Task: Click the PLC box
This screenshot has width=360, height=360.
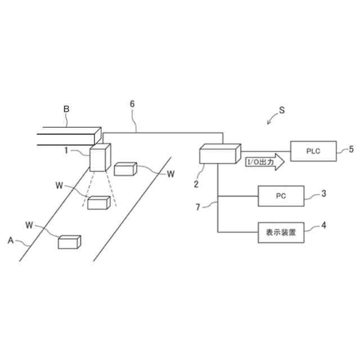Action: [313, 151]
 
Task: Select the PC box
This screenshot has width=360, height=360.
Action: [281, 196]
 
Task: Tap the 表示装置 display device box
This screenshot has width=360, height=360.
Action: [281, 231]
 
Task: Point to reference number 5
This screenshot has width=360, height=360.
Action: [351, 149]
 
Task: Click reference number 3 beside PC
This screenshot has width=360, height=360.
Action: [323, 194]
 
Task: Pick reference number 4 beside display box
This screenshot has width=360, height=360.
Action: [323, 227]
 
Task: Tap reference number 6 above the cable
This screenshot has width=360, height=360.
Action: [132, 104]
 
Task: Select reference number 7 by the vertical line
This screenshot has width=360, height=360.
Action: [197, 208]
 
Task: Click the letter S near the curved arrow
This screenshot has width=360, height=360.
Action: [282, 111]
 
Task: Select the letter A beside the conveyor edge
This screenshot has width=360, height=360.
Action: [10, 240]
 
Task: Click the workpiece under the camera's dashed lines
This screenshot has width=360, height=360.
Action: [98, 202]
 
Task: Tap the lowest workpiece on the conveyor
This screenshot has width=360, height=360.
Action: [70, 242]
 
